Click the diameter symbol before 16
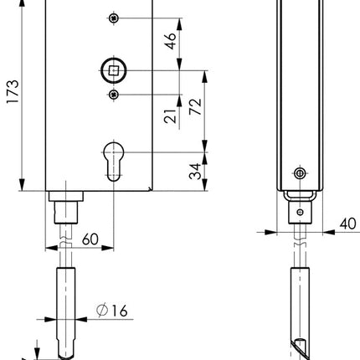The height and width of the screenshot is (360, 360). point(100,311)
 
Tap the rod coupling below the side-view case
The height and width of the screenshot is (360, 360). point(297,209)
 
